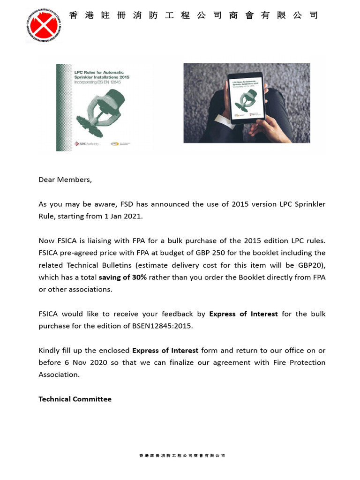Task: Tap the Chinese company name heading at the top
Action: click(x=193, y=15)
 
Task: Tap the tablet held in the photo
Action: click(x=246, y=97)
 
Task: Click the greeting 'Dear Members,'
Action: click(x=65, y=180)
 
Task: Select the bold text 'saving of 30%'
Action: click(x=122, y=277)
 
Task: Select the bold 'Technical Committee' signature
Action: click(x=75, y=399)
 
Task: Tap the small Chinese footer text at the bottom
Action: click(x=182, y=455)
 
